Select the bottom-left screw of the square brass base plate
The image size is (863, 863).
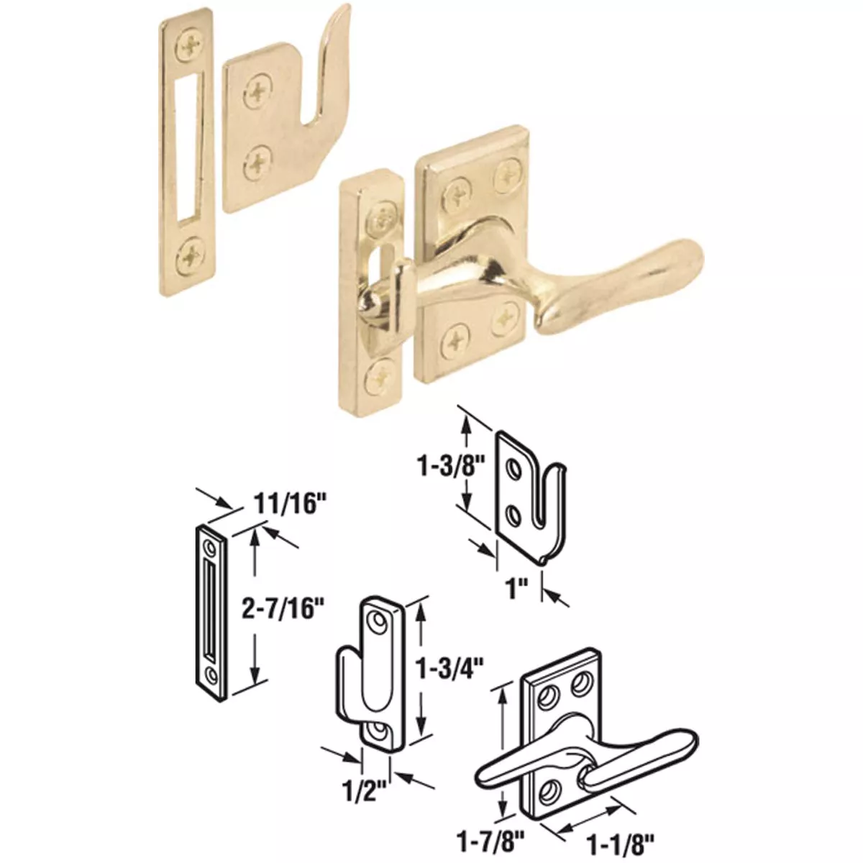455,337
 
